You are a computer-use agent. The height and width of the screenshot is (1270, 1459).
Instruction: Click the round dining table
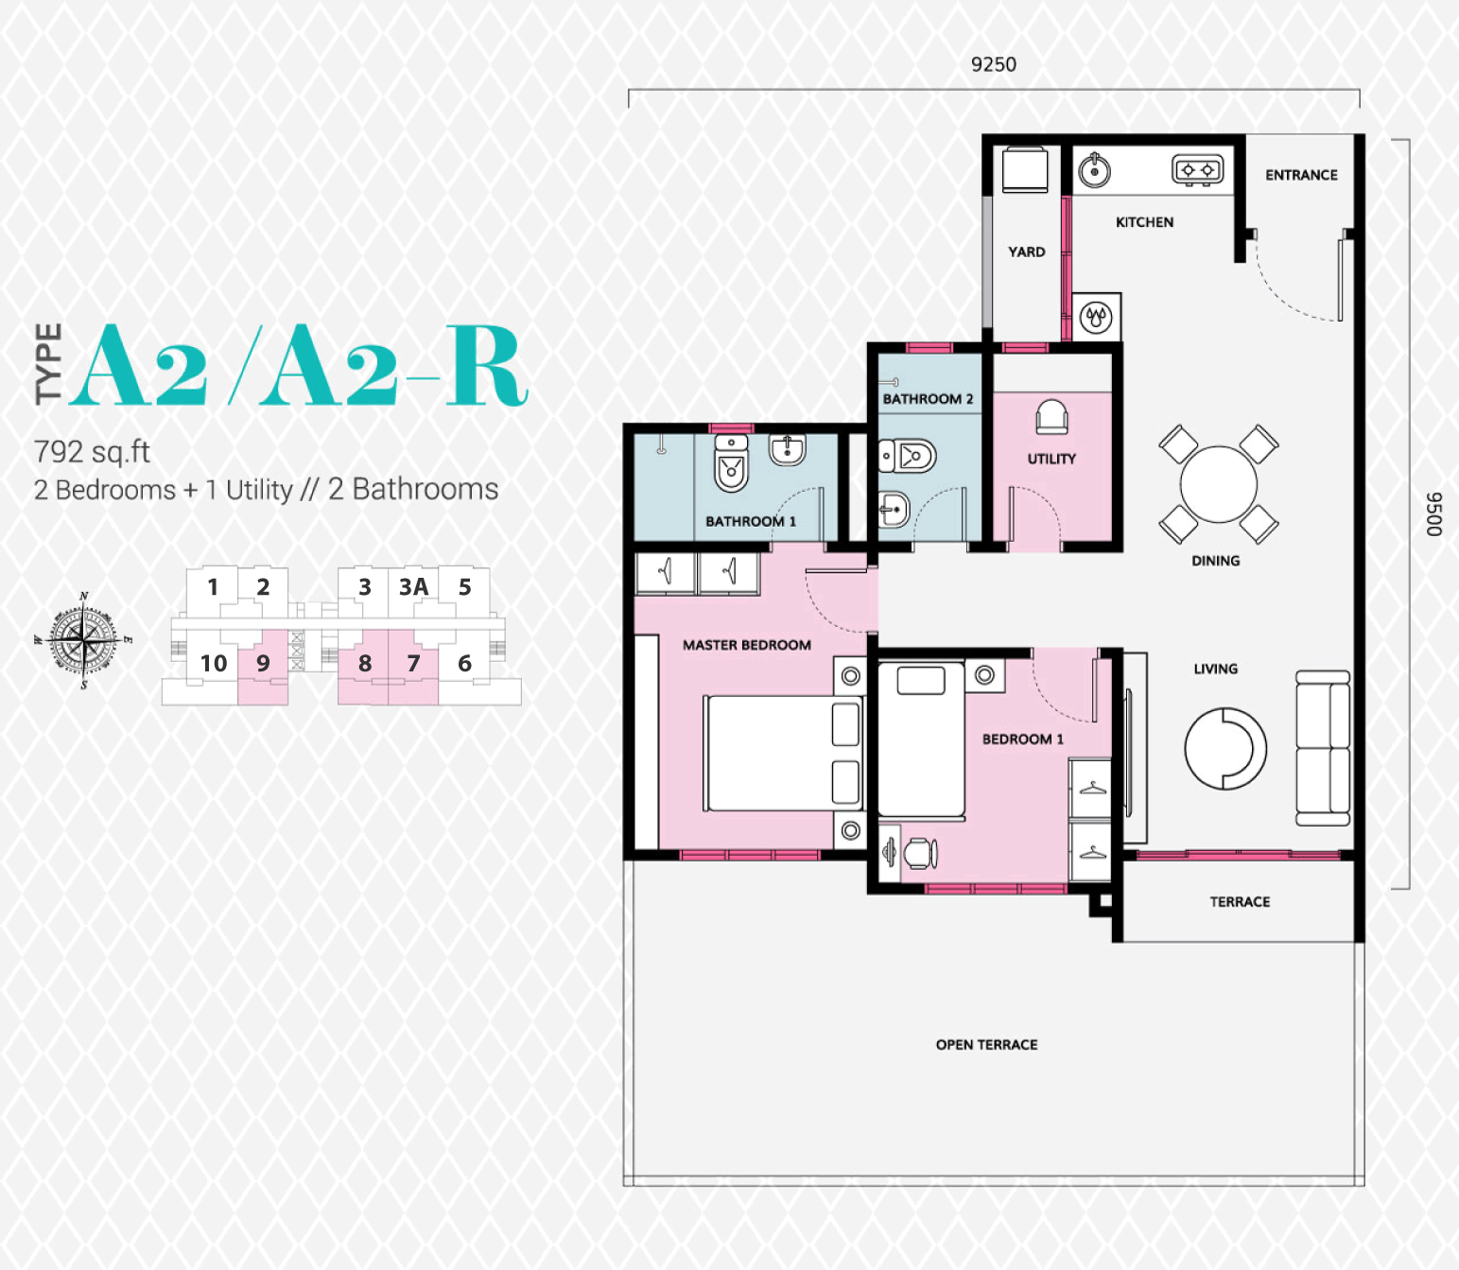coord(1218,485)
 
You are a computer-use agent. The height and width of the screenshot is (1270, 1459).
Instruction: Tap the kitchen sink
coord(1094,170)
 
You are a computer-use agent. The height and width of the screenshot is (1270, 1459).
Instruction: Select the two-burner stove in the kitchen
coord(1198,170)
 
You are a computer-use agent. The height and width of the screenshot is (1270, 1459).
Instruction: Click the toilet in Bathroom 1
coord(731,463)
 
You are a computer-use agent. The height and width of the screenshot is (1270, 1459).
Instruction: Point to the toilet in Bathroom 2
coord(907,456)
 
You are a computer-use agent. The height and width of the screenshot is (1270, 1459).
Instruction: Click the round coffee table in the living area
coord(1225,748)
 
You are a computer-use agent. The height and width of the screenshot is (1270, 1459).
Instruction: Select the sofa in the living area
coord(1323,747)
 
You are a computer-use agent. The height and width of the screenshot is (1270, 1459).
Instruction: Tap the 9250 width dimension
coord(994,65)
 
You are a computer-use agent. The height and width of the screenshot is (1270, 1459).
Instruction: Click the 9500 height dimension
coord(1434,514)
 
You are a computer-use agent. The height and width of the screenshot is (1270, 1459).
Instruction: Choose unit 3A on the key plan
coord(413,587)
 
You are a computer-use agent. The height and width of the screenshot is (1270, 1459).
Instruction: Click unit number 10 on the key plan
coord(213,663)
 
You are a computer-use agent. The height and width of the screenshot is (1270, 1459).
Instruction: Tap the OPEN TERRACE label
coord(987,1045)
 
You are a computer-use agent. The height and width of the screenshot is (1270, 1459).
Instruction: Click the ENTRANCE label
coord(1301,175)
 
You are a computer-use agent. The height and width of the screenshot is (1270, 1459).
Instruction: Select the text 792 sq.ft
coord(92,452)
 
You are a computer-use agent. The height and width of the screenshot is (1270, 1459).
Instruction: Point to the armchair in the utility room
coord(1051,417)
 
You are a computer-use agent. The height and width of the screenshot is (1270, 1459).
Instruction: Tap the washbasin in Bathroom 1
coord(788,450)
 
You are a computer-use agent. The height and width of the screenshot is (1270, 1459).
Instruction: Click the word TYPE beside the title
coord(48,364)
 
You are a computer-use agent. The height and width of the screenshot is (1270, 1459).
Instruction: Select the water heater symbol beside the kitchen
coord(1096,317)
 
